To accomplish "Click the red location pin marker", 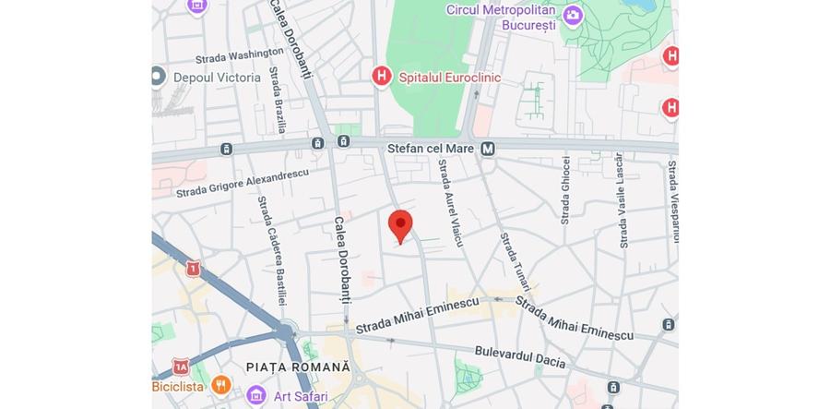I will [x=400, y=224].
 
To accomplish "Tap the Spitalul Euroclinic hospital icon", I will [x=381, y=77].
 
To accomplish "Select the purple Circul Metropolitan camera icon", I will [x=573, y=15].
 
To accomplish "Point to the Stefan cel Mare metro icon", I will [x=488, y=148].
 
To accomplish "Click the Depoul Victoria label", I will [x=217, y=78].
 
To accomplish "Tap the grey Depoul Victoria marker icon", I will [x=158, y=77].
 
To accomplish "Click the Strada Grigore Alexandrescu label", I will [x=242, y=183].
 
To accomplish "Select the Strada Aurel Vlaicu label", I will [x=450, y=202].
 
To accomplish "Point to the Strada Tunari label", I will [x=513, y=263].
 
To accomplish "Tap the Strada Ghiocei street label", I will [x=565, y=190].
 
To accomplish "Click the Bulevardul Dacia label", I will [x=519, y=356].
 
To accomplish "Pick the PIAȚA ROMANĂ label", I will [x=299, y=367].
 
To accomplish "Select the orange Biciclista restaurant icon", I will [x=220, y=384].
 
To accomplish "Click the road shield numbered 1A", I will [x=181, y=367].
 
